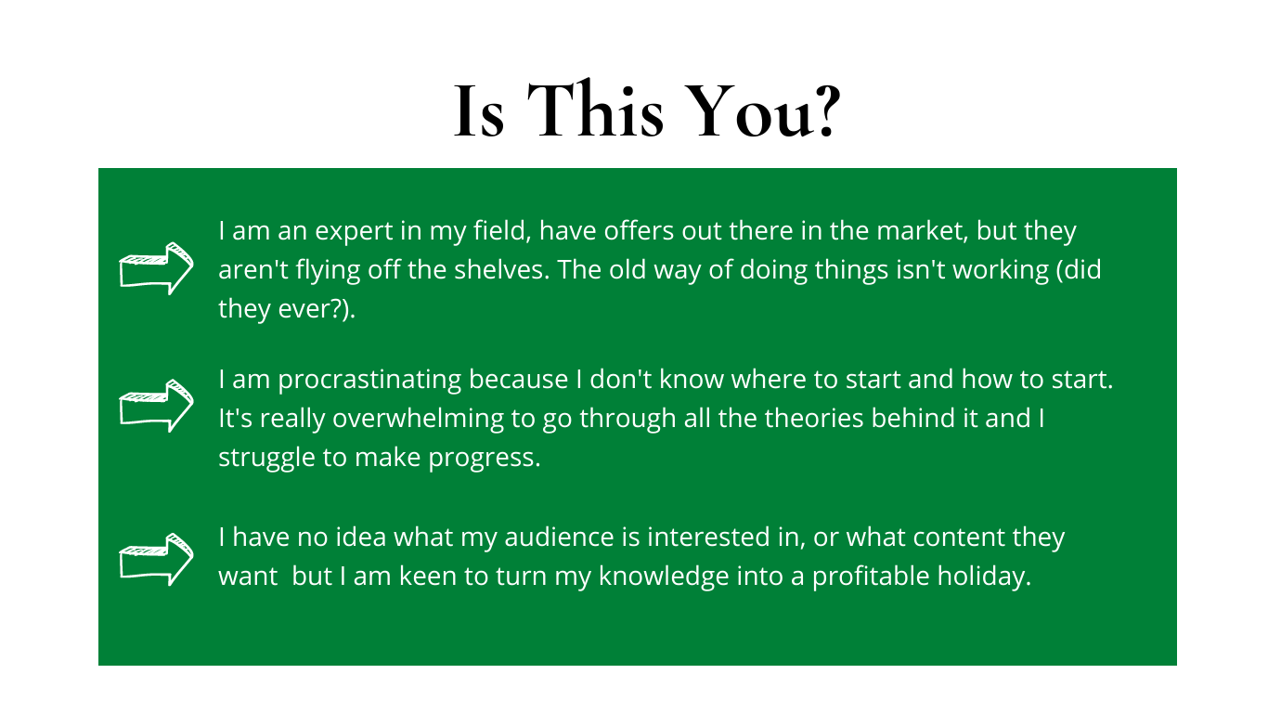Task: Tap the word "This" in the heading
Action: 595,109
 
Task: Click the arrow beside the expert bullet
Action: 156,268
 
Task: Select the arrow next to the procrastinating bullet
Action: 156,406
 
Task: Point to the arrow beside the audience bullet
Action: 156,560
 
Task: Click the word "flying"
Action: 328,271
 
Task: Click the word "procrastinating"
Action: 369,381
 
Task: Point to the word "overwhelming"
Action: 418,420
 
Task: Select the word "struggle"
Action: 266,459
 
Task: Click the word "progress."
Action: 485,459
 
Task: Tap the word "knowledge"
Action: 664,577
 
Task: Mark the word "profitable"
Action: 871,577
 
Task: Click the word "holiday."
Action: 984,577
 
